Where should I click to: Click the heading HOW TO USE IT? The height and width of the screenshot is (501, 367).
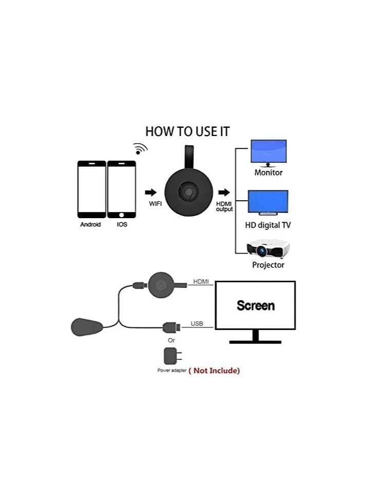point(187,131)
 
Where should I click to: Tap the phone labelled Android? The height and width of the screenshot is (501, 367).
point(92,189)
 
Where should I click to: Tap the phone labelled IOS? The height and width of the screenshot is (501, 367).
point(121,189)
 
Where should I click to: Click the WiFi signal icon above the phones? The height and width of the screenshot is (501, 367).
point(140,148)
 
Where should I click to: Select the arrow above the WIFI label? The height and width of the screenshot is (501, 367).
point(151,192)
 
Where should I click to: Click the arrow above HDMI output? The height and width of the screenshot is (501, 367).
point(224,192)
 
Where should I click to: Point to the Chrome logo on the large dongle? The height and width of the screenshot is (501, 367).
point(189,192)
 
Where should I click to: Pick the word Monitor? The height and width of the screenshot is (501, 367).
point(268,172)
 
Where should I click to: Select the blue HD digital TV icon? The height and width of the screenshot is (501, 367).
point(268,203)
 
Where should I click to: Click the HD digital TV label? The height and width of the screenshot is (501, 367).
point(268,225)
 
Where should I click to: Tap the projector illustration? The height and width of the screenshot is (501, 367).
point(268,249)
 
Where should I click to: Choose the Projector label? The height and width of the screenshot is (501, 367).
point(268,265)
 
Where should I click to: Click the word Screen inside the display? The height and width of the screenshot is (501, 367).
point(256,305)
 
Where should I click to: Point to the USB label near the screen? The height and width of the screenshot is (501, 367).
point(197,324)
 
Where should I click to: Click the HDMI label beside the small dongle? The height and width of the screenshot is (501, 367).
point(201,281)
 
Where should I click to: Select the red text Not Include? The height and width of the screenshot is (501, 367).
point(214,371)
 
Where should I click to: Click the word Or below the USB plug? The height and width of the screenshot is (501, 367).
point(171,340)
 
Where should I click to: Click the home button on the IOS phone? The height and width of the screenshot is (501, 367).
point(121,215)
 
